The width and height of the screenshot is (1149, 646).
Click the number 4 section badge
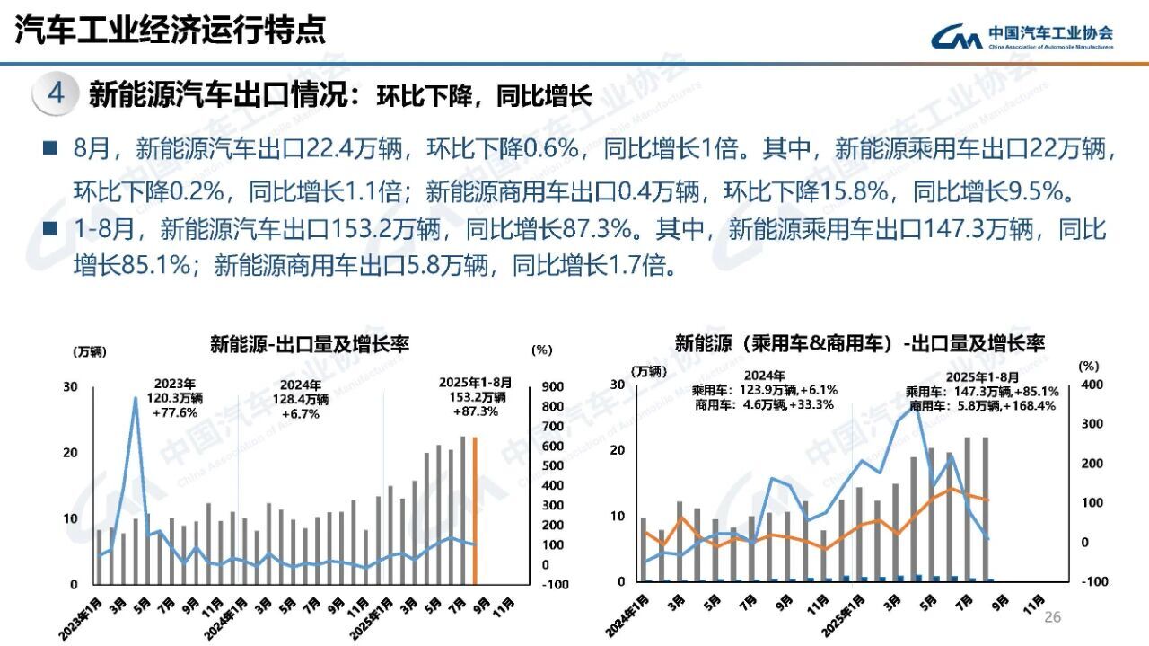tap(55, 94)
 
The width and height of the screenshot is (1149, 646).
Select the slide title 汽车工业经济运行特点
tap(170, 31)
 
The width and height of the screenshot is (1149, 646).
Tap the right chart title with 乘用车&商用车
tap(859, 343)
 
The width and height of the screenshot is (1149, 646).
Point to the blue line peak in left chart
tap(136, 397)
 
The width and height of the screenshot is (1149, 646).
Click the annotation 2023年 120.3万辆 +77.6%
tap(176, 398)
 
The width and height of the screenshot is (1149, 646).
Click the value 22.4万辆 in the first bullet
tap(356, 148)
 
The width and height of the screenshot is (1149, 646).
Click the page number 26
tap(1052, 617)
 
